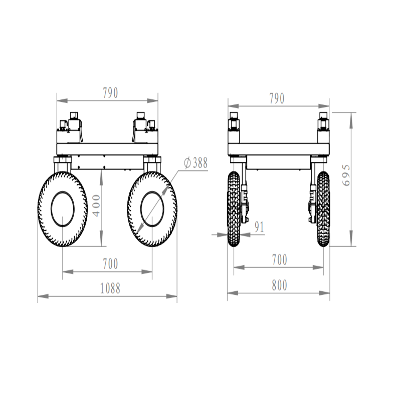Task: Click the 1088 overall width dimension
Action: (x=110, y=288)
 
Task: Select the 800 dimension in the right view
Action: (x=279, y=285)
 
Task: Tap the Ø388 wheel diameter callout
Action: (x=195, y=163)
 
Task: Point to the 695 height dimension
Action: (x=346, y=175)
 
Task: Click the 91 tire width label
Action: (x=259, y=227)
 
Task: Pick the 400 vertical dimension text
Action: (x=96, y=206)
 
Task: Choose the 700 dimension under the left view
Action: (x=110, y=264)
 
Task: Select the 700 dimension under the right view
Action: (x=279, y=260)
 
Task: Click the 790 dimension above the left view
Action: (x=110, y=93)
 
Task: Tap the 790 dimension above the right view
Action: (x=277, y=98)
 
